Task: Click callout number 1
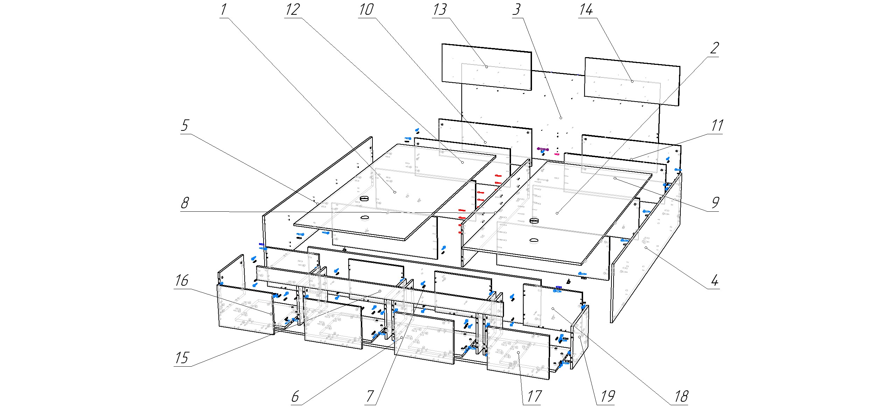(223, 10)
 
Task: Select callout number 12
(293, 10)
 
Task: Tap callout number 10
(366, 10)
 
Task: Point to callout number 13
(440, 10)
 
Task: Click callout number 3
(517, 10)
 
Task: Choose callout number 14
(586, 10)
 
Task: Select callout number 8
(184, 203)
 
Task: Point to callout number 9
(714, 203)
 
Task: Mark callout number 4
(714, 280)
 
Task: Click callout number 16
(182, 280)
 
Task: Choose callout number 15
(182, 358)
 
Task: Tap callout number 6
(295, 396)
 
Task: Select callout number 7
(370, 396)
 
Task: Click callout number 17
(534, 396)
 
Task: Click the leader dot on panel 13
(486, 67)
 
